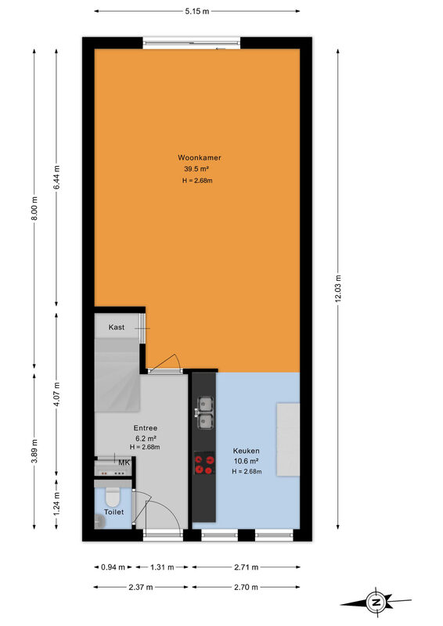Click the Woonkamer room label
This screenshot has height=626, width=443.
coord(200,158)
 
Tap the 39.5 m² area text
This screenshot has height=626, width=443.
coord(197,169)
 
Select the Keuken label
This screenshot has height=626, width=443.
coord(246,451)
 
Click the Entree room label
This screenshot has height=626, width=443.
coord(146,428)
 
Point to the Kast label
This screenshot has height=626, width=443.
coord(117,327)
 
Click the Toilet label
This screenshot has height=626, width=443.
coord(113,512)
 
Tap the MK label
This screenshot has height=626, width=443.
coord(124,462)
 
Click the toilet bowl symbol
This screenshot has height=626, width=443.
coord(113,497)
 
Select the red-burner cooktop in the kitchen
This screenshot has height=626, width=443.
coord(204,463)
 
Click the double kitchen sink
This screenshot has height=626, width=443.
coord(204,413)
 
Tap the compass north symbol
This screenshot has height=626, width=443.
coord(376,603)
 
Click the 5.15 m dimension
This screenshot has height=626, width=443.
coord(197,11)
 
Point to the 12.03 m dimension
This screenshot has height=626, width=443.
coord(338,288)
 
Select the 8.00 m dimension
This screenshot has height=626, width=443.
coord(34,208)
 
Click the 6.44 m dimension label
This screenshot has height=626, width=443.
coord(56,178)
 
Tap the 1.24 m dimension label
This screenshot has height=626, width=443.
coord(56,503)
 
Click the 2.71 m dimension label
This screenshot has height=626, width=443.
coord(246,567)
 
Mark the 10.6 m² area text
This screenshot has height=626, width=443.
coord(246,461)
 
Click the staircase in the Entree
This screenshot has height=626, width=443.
coord(117,376)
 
